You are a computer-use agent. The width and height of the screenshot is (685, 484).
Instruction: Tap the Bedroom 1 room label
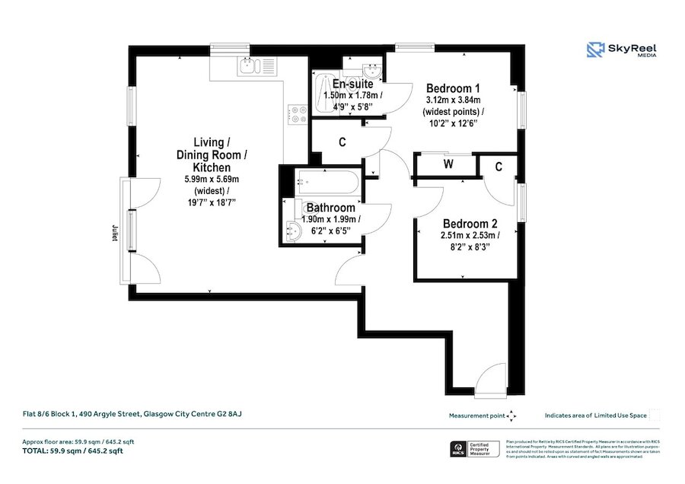[453, 86]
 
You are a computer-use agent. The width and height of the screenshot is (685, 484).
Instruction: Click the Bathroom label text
[330, 208]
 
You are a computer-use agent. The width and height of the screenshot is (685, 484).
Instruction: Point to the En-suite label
[352, 84]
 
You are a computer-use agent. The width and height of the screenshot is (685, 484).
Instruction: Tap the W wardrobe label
[448, 164]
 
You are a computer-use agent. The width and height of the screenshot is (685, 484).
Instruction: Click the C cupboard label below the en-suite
[342, 142]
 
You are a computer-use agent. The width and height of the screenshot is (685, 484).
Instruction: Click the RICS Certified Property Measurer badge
[475, 448]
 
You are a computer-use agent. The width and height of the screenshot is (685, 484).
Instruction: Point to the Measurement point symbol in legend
[511, 416]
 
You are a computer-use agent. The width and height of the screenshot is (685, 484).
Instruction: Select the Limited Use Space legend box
[655, 416]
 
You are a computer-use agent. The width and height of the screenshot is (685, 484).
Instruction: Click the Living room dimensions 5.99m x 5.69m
[212, 179]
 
